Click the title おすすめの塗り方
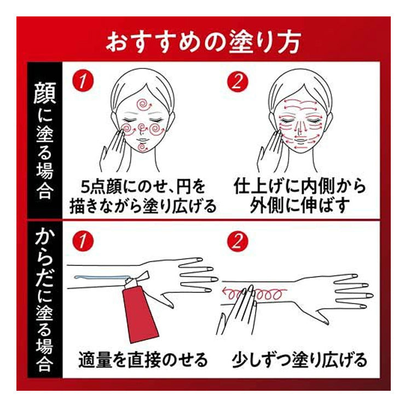pyautogui.click(x=203, y=42)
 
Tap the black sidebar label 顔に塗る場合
pyautogui.click(x=45, y=141)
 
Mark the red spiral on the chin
pyautogui.click(x=142, y=147)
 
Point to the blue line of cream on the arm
pyautogui.click(x=101, y=277)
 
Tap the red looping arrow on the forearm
pyautogui.click(x=253, y=294)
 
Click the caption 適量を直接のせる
pyautogui.click(x=143, y=360)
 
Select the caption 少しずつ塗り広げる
pyautogui.click(x=299, y=360)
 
